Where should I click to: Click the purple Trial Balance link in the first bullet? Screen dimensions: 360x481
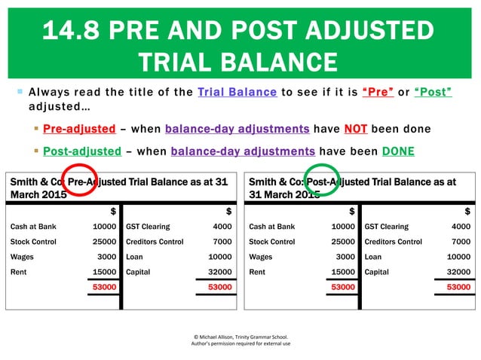(237, 92)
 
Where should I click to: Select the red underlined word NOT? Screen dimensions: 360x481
(355, 128)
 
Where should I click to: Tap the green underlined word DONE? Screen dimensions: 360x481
(398, 150)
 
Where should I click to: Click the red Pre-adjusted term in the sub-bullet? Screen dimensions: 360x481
(79, 128)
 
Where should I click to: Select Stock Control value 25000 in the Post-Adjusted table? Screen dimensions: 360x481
(343, 242)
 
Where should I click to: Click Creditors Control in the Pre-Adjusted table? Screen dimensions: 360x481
(155, 242)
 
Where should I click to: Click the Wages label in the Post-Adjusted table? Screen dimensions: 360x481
(260, 257)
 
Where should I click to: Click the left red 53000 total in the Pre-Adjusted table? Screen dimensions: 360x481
(104, 287)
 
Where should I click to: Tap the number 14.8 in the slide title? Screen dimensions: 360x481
(72, 30)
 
